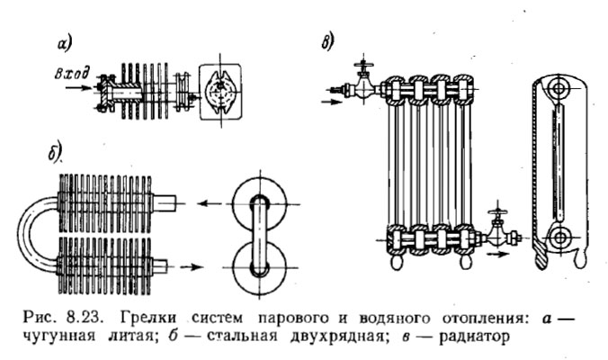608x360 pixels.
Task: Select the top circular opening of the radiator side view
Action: tap(561, 90)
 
